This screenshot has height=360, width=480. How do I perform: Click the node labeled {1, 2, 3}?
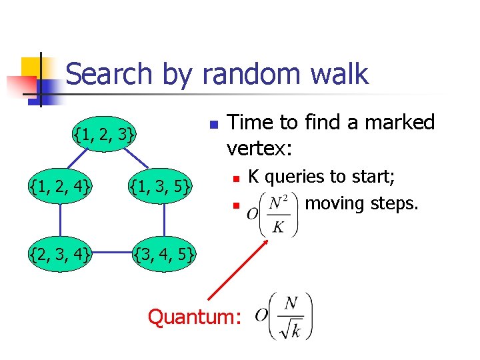click(x=106, y=136)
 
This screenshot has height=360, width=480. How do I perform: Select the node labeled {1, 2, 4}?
click(x=60, y=184)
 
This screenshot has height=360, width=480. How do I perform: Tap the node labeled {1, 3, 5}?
click(x=161, y=184)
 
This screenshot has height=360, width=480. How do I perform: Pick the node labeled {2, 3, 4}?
click(x=60, y=254)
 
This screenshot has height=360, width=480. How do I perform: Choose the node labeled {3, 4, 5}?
click(x=164, y=254)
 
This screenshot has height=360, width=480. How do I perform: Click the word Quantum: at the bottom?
click(x=194, y=317)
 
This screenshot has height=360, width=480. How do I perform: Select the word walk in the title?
click(x=337, y=73)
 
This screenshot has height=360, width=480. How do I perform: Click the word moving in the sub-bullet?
click(x=336, y=203)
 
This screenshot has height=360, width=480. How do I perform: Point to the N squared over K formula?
click(x=273, y=213)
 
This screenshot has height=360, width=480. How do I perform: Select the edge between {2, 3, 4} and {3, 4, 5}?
click(x=112, y=254)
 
